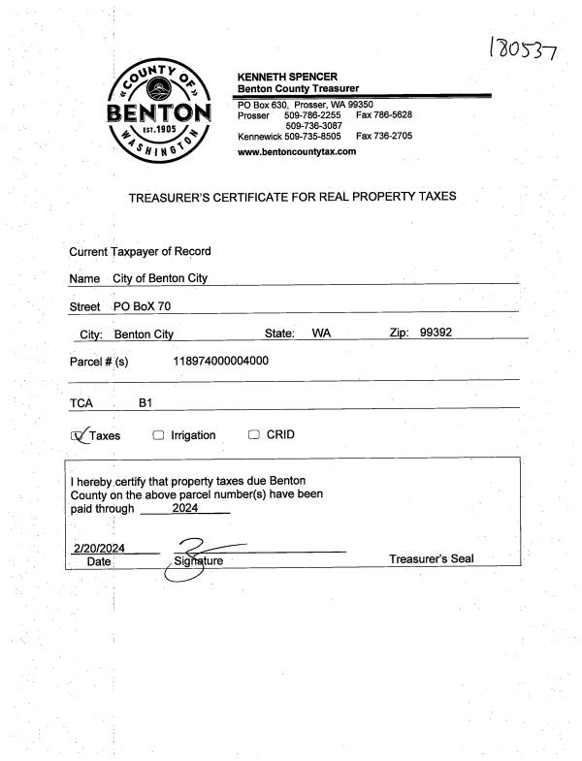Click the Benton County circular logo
[x=162, y=115]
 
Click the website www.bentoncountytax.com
[x=296, y=151]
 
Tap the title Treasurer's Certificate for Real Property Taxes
[x=292, y=197]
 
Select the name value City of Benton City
[x=160, y=278]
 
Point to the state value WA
[x=321, y=333]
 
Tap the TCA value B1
[x=145, y=401]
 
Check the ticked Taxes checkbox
[x=80, y=435]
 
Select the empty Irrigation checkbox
[x=158, y=435]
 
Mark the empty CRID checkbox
[x=254, y=434]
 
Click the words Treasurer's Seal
[x=431, y=559]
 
